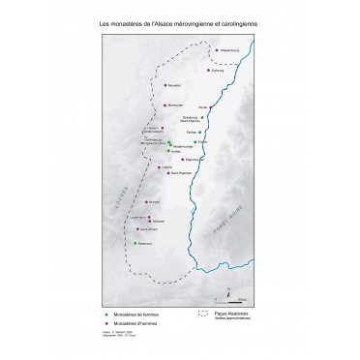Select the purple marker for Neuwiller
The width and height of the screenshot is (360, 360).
(x=165, y=84)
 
